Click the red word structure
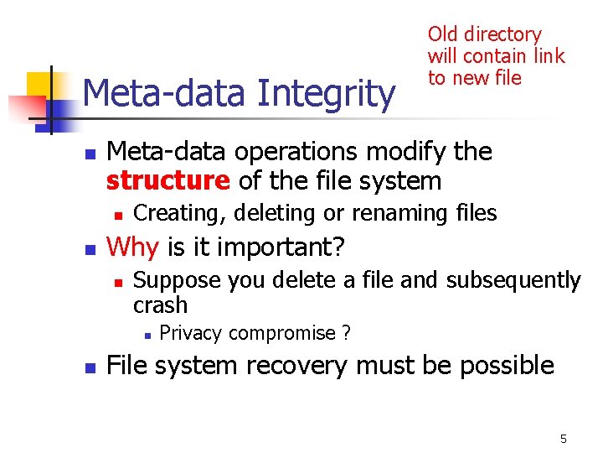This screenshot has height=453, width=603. point(167,180)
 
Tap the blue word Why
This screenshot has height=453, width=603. point(136,247)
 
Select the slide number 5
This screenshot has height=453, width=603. point(564,439)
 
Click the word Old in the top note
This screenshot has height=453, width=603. point(443,34)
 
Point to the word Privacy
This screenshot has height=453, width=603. point(190,333)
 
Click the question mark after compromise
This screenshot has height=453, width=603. point(346,333)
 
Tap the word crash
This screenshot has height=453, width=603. point(160,305)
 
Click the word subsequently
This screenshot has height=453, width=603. point(513,280)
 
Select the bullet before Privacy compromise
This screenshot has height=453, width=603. point(147,335)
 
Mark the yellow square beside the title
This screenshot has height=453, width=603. point(40,86)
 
